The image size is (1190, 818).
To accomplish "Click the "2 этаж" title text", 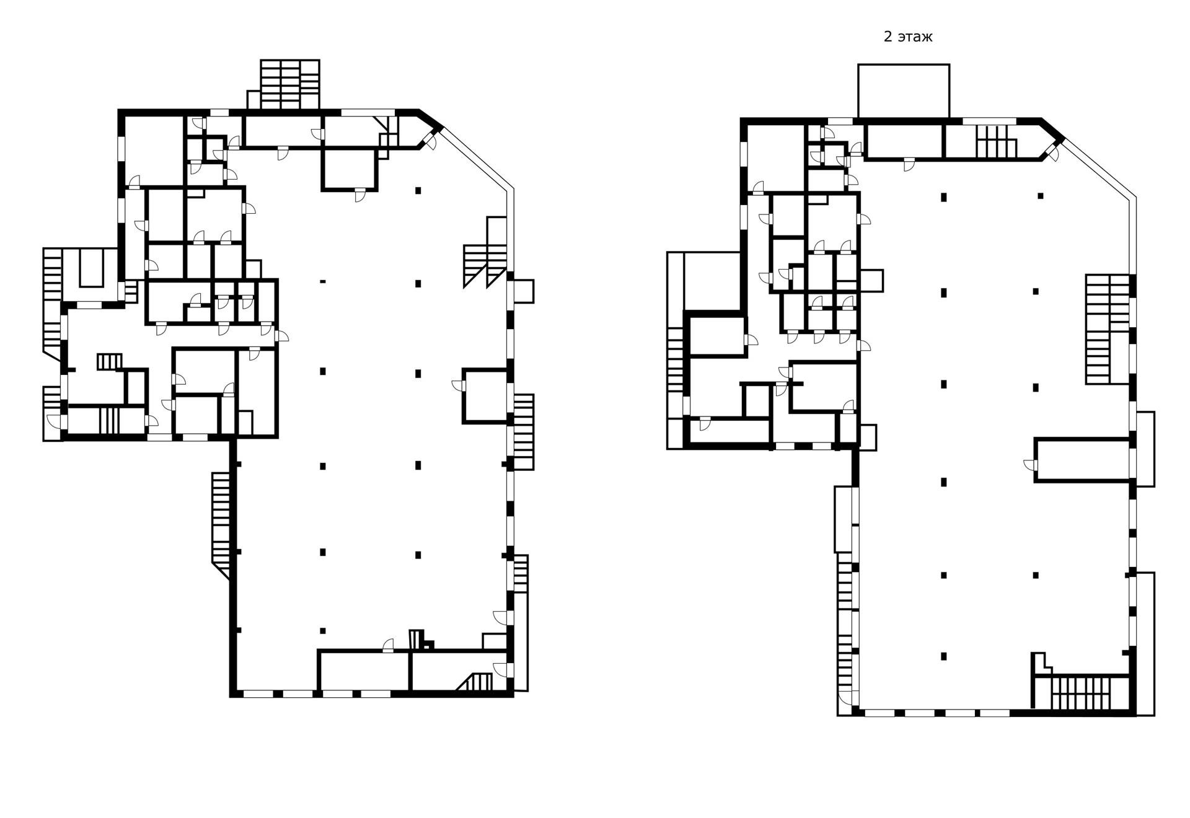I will (x=907, y=37).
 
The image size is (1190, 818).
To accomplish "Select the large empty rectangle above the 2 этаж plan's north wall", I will (x=903, y=90).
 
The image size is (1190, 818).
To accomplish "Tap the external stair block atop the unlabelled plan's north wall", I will (x=289, y=84).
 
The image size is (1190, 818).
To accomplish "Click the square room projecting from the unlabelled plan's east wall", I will (x=485, y=397).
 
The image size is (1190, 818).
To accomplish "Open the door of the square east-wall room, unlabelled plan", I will (x=457, y=385).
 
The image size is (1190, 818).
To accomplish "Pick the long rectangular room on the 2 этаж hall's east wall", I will (x=1082, y=459).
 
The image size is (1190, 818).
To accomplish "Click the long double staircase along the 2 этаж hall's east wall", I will (x=1107, y=328).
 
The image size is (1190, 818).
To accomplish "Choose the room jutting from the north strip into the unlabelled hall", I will (x=350, y=169).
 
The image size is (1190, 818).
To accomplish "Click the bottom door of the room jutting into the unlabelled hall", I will (x=359, y=196).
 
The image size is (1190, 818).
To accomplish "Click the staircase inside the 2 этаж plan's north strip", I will (x=997, y=141).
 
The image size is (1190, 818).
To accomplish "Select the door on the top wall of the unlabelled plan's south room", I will (x=388, y=646).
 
